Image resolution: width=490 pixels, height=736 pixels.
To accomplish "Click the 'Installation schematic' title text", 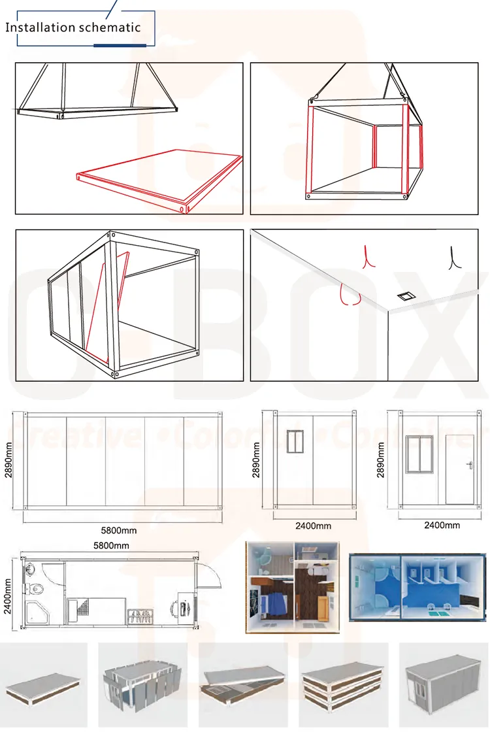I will (x=73, y=27).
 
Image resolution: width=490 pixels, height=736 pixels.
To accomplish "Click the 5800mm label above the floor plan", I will (x=111, y=545).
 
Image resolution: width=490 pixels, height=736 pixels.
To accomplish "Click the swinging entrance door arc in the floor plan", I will (x=211, y=578).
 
